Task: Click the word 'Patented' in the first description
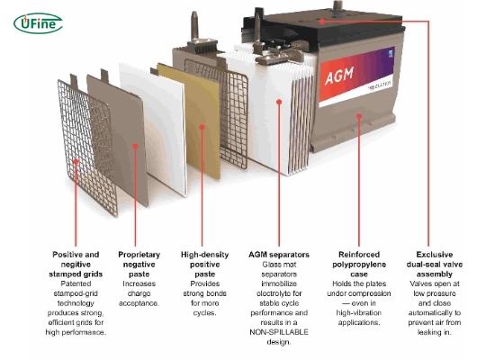click(x=76, y=284)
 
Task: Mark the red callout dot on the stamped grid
click(x=74, y=165)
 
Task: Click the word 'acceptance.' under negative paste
click(x=139, y=304)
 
